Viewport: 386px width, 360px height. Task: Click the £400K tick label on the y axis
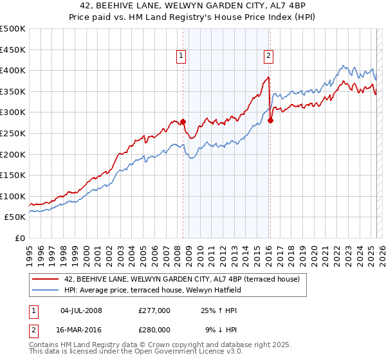coord(13,70)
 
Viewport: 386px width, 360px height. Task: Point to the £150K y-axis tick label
coord(13,175)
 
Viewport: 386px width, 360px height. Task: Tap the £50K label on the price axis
coord(15,217)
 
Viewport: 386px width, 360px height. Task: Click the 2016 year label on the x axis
coord(268,251)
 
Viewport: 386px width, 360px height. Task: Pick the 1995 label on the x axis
coord(30,251)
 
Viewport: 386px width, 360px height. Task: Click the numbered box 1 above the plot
coord(182,56)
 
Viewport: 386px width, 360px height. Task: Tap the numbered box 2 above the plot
coord(268,56)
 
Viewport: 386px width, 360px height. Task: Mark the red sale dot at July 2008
coord(183,122)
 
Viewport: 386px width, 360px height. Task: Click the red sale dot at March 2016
coord(270,120)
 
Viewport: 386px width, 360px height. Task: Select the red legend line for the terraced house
coord(46,279)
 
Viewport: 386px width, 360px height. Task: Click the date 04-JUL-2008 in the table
coord(82,310)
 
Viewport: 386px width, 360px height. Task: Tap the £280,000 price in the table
coord(154,329)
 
